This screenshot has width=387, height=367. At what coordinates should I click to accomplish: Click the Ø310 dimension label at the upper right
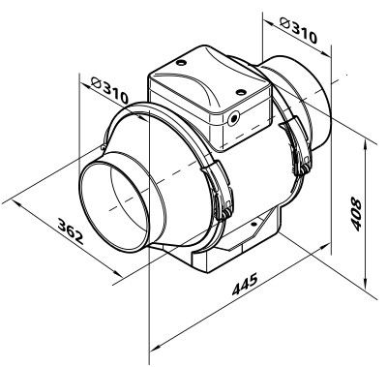point(298,31)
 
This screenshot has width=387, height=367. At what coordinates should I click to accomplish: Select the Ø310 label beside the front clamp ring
point(109,90)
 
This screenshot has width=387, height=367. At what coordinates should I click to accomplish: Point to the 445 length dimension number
point(245,285)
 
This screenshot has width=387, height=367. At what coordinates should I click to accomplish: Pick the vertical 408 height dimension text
point(356,214)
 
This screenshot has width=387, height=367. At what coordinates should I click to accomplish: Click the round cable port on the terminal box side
point(233,119)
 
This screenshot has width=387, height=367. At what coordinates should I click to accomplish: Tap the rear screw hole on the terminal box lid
point(182,62)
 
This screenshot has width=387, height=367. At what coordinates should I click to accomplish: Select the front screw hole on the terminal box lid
point(241,92)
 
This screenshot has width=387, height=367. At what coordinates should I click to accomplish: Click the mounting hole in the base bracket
point(253,224)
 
